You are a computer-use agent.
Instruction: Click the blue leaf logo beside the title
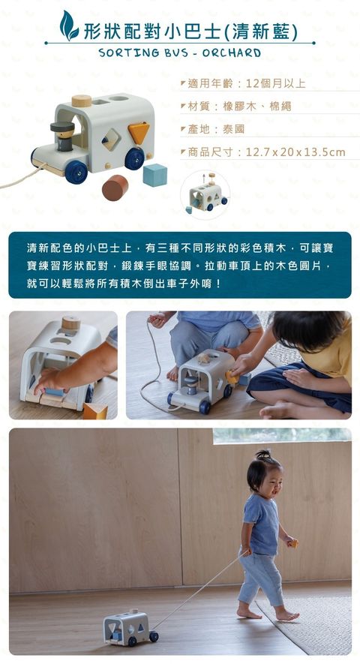pos(69,26)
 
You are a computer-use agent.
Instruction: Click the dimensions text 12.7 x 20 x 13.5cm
pos(295,152)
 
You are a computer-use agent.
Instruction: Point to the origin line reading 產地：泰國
pos(217,129)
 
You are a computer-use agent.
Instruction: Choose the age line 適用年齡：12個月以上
pos(247,83)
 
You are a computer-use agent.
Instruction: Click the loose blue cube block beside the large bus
pos(155,175)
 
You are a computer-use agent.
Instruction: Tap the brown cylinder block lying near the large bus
pos(115,187)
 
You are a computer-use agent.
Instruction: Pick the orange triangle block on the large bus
pos(139,132)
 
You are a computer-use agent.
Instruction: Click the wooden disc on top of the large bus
pos(82,101)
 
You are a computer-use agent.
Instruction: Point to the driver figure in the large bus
pos(63,135)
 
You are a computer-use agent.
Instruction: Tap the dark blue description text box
pos(180,264)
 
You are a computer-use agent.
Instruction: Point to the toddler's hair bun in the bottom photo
pos(264,455)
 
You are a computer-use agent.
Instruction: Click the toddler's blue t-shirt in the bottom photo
pos(262,524)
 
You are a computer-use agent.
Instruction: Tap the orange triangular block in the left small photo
pos(94,410)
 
